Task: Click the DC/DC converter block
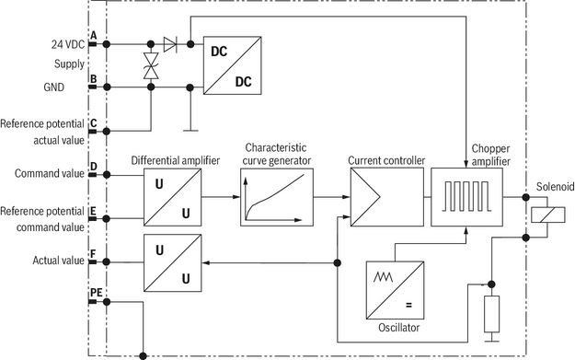[x=233, y=65]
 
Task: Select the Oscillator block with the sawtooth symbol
[x=395, y=290]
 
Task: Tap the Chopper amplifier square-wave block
[x=466, y=197]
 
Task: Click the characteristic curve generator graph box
[x=277, y=197]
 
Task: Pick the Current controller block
[x=387, y=197]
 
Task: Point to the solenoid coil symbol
[x=548, y=215]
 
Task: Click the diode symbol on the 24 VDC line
[x=170, y=44]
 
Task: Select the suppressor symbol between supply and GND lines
[x=151, y=65]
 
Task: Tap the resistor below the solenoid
[x=492, y=314]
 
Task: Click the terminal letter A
[x=94, y=36]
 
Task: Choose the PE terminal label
[x=96, y=293]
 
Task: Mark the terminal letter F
[x=93, y=254]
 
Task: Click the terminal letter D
[x=94, y=167]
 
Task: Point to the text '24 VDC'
[x=68, y=44]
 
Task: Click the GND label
[x=54, y=87]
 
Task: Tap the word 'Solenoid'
[x=555, y=186]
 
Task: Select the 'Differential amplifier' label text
[x=176, y=160]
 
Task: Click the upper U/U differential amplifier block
[x=172, y=197]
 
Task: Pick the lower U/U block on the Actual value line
[x=172, y=262]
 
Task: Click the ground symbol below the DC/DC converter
[x=190, y=130]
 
